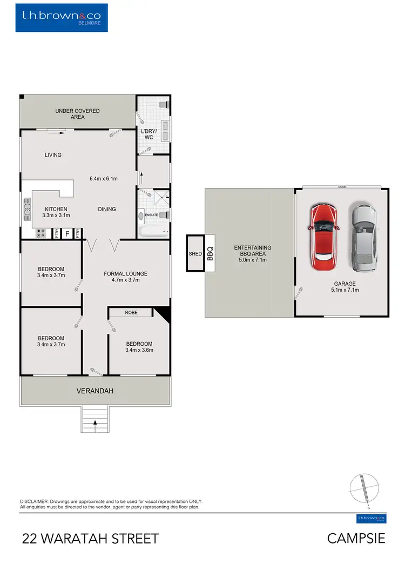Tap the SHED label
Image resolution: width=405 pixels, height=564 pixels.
194,253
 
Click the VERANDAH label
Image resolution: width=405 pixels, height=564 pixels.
94,391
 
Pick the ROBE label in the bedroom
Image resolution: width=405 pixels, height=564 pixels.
131,312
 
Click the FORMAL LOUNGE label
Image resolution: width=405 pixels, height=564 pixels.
125,274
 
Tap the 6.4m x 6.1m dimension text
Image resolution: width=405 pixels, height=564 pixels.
103,178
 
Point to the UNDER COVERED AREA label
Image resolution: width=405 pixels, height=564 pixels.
77,113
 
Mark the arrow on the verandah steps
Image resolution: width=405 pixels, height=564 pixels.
95,423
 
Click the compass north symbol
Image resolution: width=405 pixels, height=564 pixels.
365,491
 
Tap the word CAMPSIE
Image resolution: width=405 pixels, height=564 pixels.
356,538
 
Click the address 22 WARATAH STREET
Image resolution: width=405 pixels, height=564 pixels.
90,538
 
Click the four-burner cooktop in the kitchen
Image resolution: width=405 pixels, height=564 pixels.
40,233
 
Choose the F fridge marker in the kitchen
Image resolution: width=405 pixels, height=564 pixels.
67,233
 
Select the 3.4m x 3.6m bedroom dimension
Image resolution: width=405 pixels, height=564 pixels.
139,350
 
